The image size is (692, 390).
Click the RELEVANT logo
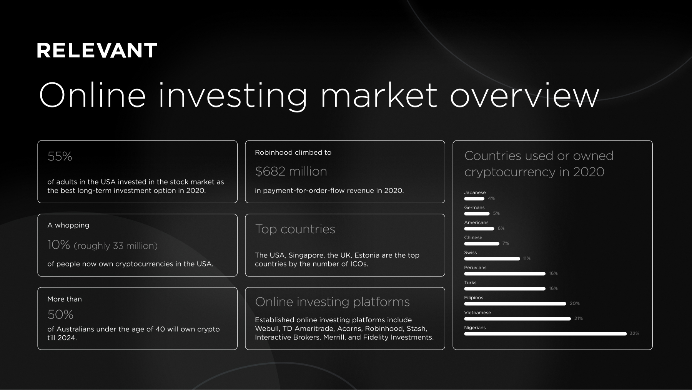tap(97, 50)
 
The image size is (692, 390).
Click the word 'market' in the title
tap(378, 95)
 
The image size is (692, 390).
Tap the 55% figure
tap(60, 156)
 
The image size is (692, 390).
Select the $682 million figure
tap(291, 171)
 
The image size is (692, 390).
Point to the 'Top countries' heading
tap(295, 229)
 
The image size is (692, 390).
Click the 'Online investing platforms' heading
tap(332, 302)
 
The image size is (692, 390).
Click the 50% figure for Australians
tap(60, 315)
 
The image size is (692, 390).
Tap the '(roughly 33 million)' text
tap(115, 246)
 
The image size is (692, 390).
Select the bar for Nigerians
tap(545, 334)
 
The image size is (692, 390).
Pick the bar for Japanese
tap(474, 199)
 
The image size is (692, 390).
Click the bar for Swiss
tap(492, 259)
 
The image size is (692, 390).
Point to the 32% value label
tap(634, 333)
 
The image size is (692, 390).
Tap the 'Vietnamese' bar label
tap(477, 313)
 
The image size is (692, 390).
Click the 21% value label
tap(578, 318)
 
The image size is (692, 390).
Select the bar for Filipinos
tap(515, 304)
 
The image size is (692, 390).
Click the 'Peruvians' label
tap(475, 268)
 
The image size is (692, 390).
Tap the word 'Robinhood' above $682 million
tap(273, 152)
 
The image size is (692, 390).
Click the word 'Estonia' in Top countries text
tap(367, 255)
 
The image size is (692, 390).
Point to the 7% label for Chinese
tap(506, 243)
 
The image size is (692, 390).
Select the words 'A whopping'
tap(68, 225)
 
